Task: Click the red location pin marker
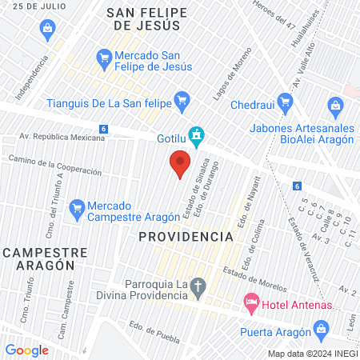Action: click(180, 164)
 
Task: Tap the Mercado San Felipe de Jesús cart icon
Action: click(103, 57)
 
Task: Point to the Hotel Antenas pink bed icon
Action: click(250, 302)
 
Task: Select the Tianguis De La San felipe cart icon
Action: click(182, 100)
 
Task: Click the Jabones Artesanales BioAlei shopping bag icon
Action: click(335, 105)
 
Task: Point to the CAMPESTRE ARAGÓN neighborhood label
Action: click(44, 258)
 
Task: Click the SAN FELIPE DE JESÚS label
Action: click(147, 20)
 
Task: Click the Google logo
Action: click(27, 350)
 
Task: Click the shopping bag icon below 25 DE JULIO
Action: click(47, 30)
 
